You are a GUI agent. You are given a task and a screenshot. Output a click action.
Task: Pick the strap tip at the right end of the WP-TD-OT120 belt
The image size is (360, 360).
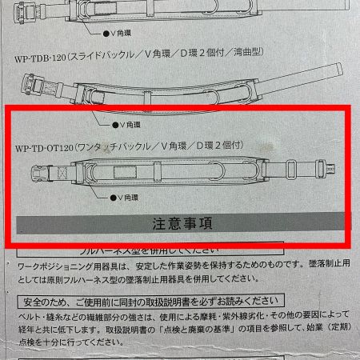tap(327, 168)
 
